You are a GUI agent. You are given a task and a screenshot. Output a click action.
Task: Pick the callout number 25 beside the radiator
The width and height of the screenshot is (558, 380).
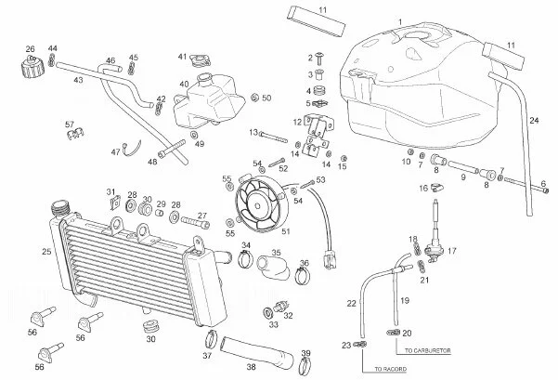pyautogui.click(x=46, y=252)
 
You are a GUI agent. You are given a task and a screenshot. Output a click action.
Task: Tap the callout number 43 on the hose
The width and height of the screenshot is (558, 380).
pyautogui.click(x=78, y=81)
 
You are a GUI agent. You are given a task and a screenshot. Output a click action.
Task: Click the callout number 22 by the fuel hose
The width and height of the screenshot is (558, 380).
pyautogui.click(x=352, y=304)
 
